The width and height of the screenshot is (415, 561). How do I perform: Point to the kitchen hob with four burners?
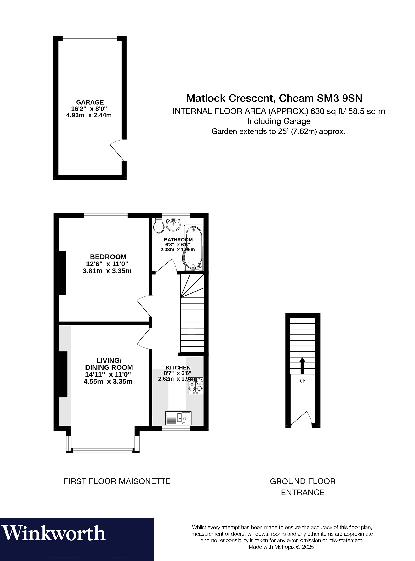pyautogui.click(x=196, y=385)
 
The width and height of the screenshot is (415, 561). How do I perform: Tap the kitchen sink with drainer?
pyautogui.click(x=178, y=418)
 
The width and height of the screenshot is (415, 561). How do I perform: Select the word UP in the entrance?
pyautogui.click(x=302, y=381)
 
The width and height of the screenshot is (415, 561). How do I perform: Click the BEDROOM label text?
pyautogui.click(x=108, y=257)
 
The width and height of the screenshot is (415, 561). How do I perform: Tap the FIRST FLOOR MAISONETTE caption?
pyautogui.click(x=117, y=481)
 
